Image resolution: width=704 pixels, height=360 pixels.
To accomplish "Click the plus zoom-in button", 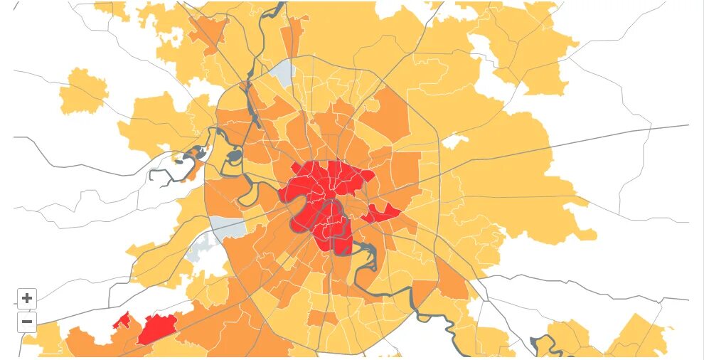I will point(27,299).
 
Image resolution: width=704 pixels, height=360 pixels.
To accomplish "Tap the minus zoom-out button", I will point(27,322).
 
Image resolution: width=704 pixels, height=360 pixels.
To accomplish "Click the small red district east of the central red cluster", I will point(383,213).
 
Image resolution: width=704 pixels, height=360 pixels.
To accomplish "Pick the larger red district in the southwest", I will point(157,328).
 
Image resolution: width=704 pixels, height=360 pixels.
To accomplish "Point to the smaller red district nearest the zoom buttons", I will point(122,322).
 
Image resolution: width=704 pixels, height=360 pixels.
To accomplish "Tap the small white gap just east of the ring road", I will point(452,141).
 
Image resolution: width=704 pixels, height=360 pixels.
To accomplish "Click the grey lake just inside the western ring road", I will point(234,155).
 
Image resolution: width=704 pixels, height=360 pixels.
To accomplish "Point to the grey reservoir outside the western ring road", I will point(193,155).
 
